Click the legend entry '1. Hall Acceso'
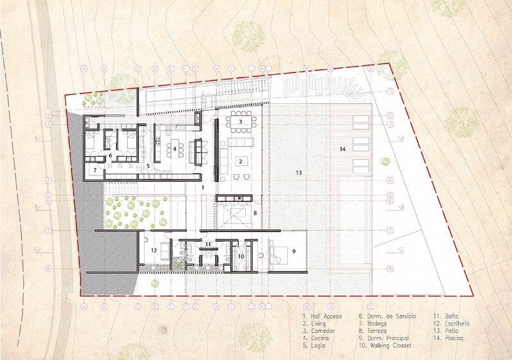323,316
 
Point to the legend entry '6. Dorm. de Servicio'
391,316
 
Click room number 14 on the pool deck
342,149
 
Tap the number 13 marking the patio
298,173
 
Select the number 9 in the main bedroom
293,252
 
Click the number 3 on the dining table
240,121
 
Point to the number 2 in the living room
240,161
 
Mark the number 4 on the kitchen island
174,149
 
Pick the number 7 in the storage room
94,170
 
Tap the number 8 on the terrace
255,212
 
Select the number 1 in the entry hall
202,187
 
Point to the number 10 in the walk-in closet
241,256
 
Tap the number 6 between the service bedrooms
110,156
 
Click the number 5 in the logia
147,166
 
